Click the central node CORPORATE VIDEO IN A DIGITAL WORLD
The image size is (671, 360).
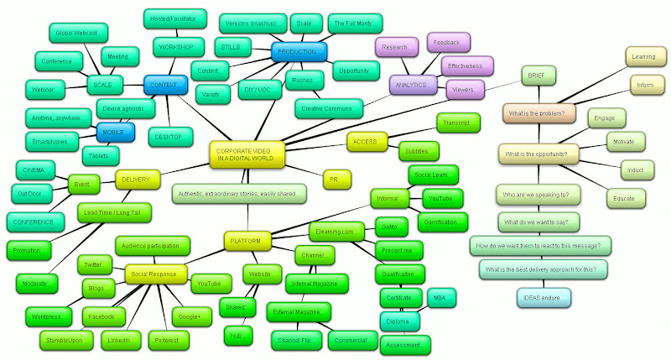pos(247,154)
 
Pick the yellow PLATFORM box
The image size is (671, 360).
pos(247,242)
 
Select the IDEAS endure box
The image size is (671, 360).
pos(544,296)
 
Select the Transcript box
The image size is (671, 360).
pos(453,123)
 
